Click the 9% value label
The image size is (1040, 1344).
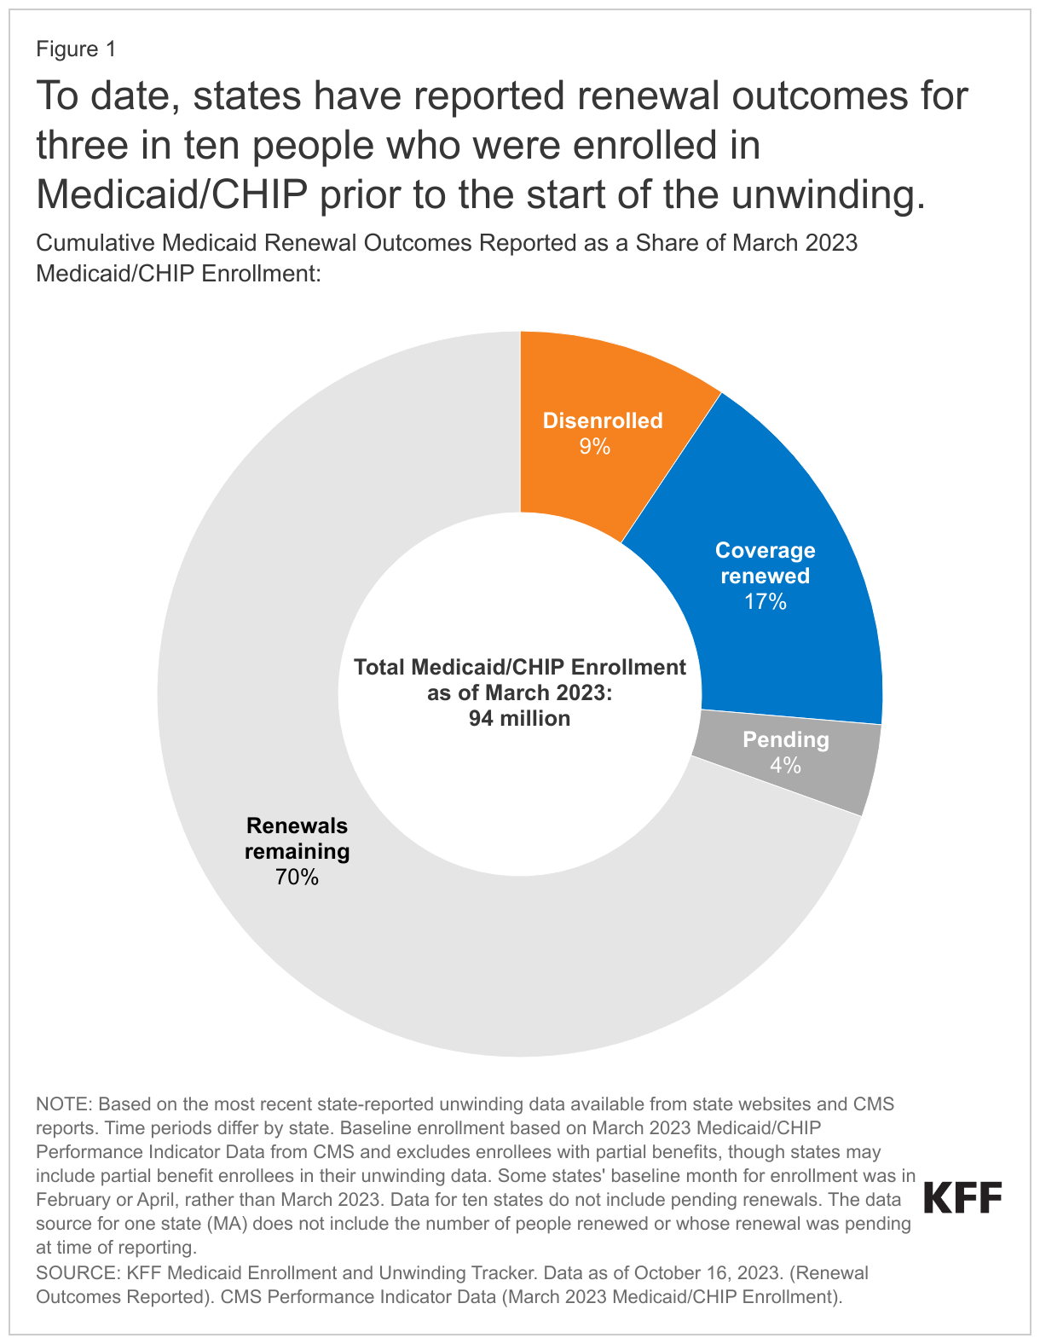click(x=594, y=447)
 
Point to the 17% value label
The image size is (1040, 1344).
click(x=765, y=602)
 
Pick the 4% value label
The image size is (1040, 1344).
click(x=785, y=766)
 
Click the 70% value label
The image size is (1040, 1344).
click(x=298, y=877)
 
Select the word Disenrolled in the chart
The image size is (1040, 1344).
click(x=603, y=420)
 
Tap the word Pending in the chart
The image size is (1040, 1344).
click(x=785, y=739)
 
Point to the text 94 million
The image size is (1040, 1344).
click(x=519, y=718)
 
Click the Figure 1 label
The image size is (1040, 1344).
click(x=76, y=49)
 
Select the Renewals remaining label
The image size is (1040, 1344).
click(x=298, y=838)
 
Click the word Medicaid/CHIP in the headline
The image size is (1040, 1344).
click(x=172, y=194)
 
